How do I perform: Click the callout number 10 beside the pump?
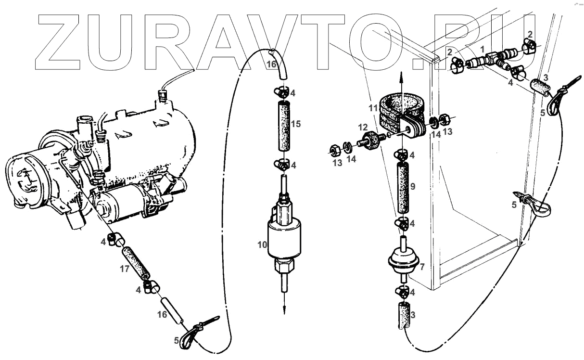tap(262, 245)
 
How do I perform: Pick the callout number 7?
tap(422, 266)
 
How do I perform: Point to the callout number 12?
tap(362, 127)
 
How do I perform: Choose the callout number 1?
tap(482, 50)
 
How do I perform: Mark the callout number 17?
tap(124, 269)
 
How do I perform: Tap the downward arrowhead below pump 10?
tap(284, 309)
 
